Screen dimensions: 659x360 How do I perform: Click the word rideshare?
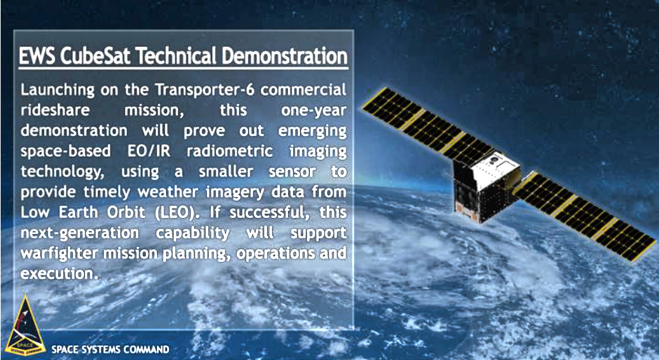point(55,110)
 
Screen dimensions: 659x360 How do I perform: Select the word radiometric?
point(230,151)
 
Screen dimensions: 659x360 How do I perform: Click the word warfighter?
point(61,253)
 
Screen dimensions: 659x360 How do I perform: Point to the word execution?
point(57,274)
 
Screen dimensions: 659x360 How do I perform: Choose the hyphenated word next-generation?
point(79,233)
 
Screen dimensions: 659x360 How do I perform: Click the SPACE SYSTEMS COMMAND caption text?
point(110,349)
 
